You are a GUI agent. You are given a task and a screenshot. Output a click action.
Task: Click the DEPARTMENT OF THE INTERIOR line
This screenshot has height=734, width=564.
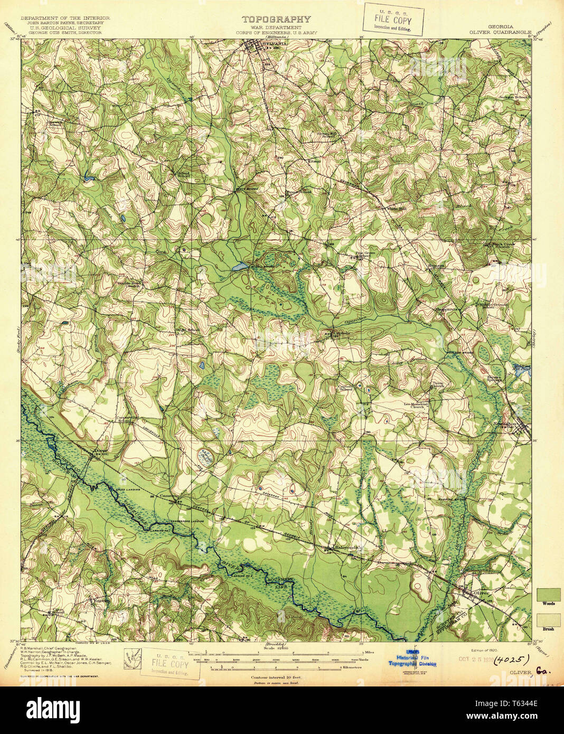65,18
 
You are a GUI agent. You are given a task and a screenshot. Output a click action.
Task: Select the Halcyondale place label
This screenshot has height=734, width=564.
348,548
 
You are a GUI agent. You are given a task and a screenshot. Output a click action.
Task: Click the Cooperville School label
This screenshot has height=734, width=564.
126,419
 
